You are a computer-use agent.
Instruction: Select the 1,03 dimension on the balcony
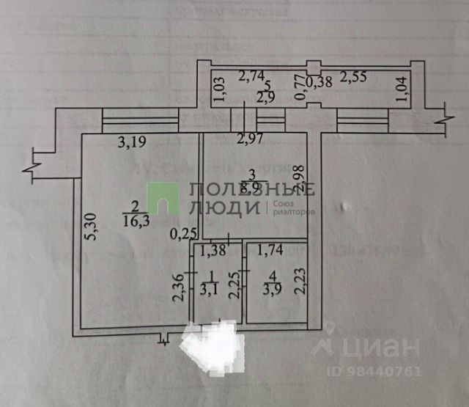point(217,87)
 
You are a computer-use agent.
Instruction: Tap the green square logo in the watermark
point(163,199)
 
